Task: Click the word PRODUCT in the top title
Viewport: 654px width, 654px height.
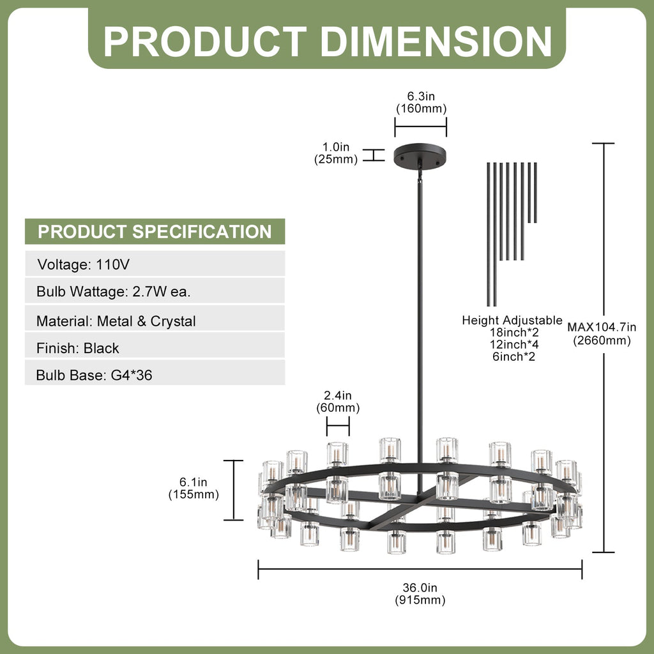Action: (x=205, y=42)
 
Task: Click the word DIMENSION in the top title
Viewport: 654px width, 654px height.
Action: (x=436, y=42)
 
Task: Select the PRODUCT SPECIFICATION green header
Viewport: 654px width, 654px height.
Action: (x=155, y=231)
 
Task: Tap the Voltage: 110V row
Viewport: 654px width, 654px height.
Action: (x=155, y=264)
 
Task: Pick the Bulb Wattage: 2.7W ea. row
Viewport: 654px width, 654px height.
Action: (x=155, y=291)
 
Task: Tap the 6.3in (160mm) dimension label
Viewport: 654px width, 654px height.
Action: (x=422, y=103)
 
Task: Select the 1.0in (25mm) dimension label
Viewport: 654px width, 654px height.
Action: (x=336, y=153)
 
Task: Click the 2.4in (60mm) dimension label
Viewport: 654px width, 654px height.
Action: (x=338, y=402)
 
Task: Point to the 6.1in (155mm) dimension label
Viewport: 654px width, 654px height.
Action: (x=194, y=489)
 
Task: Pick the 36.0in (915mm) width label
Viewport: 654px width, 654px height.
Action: (x=420, y=594)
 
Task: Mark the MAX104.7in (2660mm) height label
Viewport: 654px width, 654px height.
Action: (x=602, y=333)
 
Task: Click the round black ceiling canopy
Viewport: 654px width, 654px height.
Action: (x=420, y=156)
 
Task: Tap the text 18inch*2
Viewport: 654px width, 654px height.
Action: (x=514, y=332)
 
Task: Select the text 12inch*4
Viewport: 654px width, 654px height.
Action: (x=514, y=344)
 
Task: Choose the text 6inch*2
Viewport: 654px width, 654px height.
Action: (x=513, y=356)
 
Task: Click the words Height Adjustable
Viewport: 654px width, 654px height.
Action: (x=512, y=321)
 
